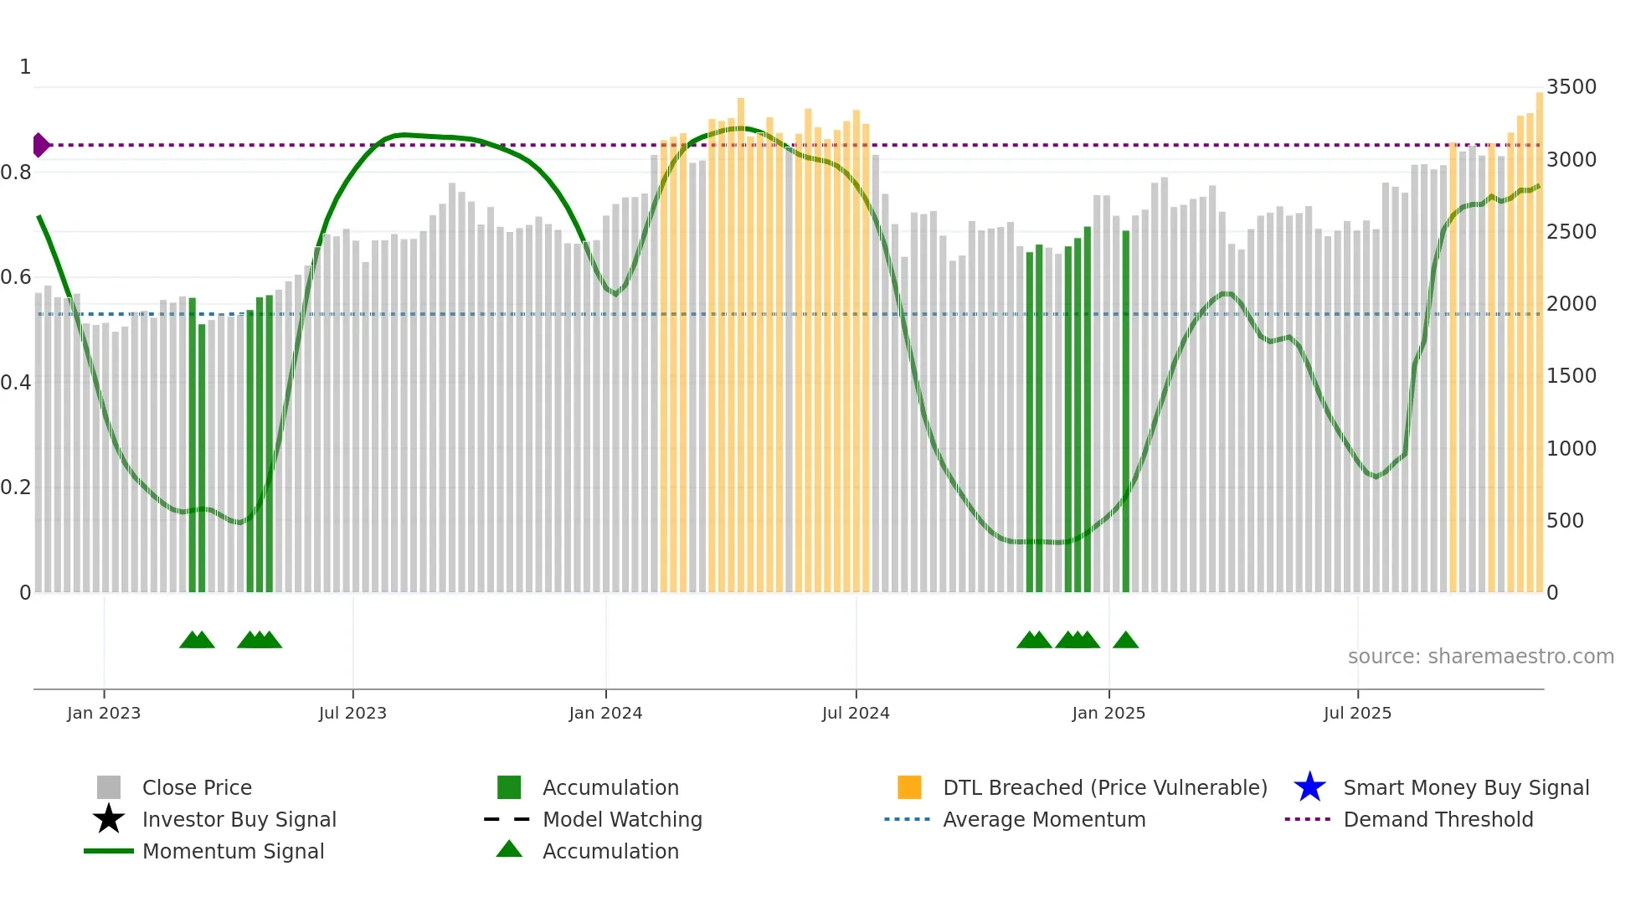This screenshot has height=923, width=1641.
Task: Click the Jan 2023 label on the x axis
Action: pyautogui.click(x=104, y=714)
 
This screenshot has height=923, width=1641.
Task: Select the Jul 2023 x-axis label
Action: pyautogui.click(x=352, y=714)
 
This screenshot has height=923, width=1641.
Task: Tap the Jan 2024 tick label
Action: pyautogui.click(x=605, y=714)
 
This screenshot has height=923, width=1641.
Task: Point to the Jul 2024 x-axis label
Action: pyautogui.click(x=856, y=714)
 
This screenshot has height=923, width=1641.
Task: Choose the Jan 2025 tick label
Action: pyautogui.click(x=1109, y=714)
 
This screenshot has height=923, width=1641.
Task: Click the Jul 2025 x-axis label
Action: pyautogui.click(x=1357, y=714)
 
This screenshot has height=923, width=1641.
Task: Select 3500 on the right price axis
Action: pyautogui.click(x=1572, y=87)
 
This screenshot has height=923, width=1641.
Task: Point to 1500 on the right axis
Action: pyautogui.click(x=1572, y=376)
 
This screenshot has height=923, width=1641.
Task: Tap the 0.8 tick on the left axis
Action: pyautogui.click(x=16, y=173)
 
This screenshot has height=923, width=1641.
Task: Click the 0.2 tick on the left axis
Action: pyautogui.click(x=16, y=487)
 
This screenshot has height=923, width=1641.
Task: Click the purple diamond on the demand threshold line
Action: pyautogui.click(x=40, y=145)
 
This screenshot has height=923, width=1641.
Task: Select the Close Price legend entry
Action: pyautogui.click(x=197, y=788)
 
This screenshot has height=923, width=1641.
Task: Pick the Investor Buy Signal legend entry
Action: pyautogui.click(x=239, y=820)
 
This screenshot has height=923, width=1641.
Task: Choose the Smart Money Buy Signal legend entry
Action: pyautogui.click(x=1466, y=788)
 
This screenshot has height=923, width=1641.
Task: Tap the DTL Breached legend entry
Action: pyautogui.click(x=1104, y=788)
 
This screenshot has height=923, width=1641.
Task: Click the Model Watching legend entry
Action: pyautogui.click(x=622, y=820)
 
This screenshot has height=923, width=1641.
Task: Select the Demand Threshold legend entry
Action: pyautogui.click(x=1438, y=820)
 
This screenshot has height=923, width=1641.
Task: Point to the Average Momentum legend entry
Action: pyautogui.click(x=1044, y=820)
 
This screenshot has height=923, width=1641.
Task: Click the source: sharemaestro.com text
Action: pyautogui.click(x=1480, y=657)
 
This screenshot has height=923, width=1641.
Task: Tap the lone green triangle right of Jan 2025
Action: pyautogui.click(x=1125, y=641)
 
